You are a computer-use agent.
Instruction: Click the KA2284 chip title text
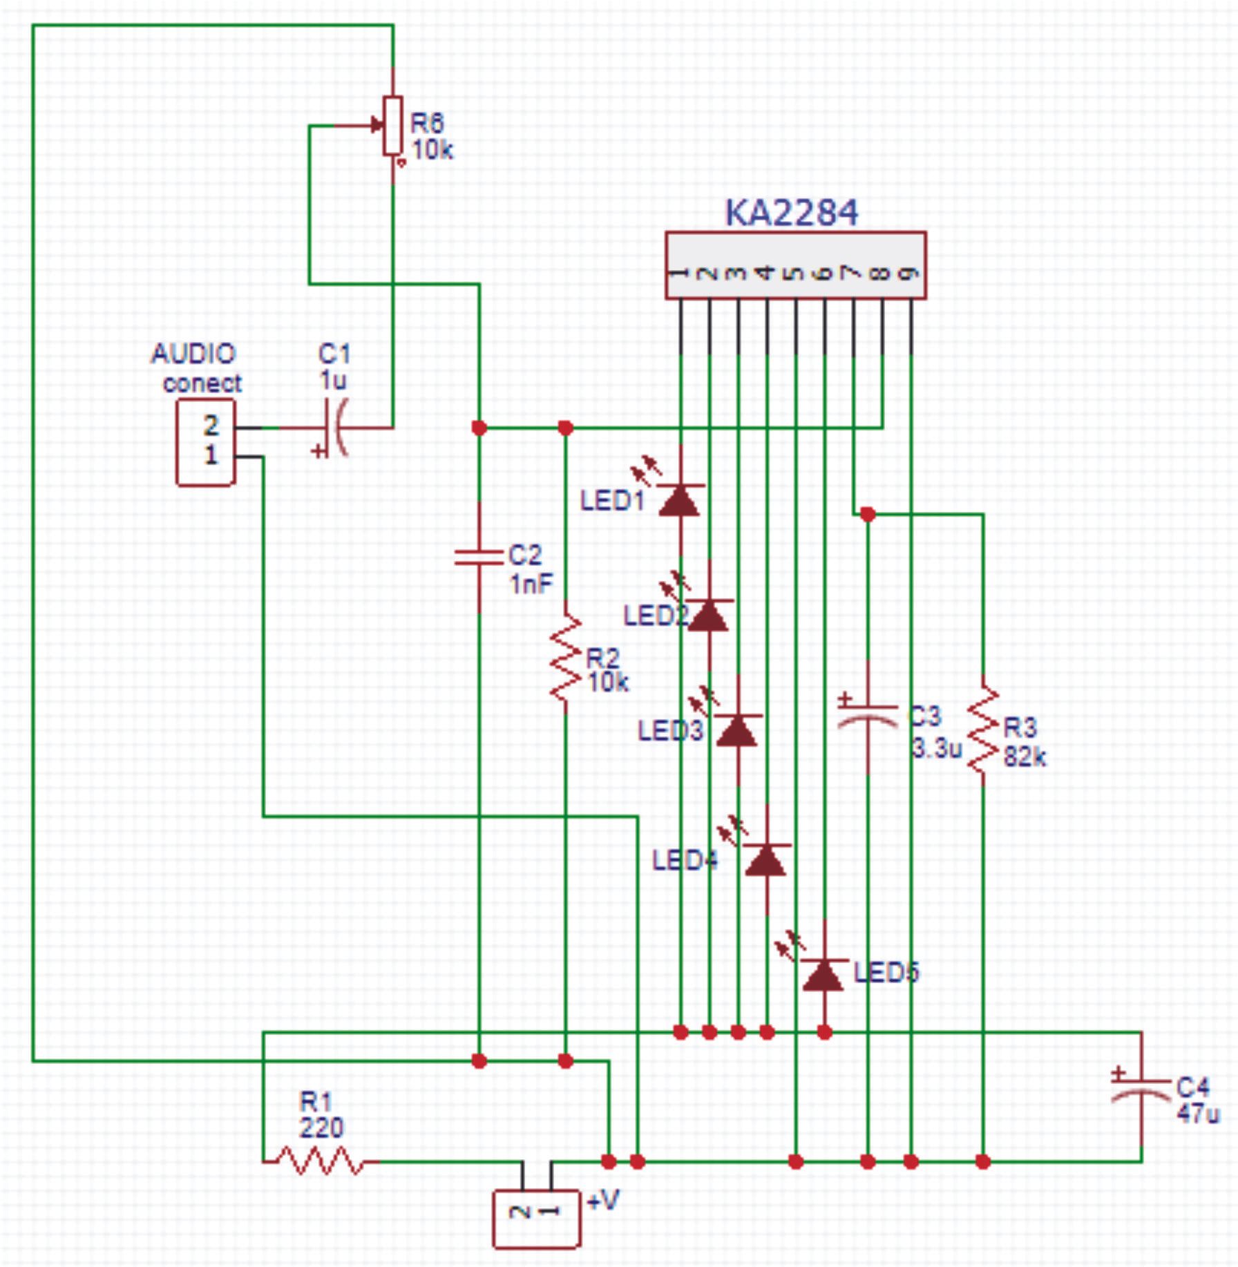pos(791,212)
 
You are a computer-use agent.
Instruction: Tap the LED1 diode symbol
pos(680,499)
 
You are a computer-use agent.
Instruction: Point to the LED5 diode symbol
pos(823,974)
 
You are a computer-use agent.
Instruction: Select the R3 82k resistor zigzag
pos(982,730)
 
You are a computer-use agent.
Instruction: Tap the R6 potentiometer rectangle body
pos(393,126)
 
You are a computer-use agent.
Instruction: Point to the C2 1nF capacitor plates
pos(479,557)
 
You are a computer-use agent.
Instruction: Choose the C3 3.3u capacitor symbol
pos(868,716)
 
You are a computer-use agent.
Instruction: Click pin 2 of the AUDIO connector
pos(211,426)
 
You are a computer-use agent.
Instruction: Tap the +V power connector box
pos(537,1219)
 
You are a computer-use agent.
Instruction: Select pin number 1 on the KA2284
pos(680,274)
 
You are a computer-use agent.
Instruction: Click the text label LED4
pos(685,860)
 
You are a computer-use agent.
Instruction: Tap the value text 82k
pos(1025,757)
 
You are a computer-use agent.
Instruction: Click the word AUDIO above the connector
pos(193,354)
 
